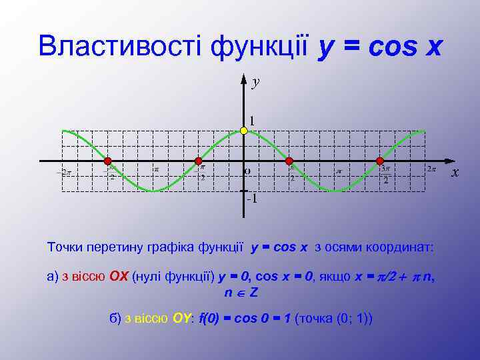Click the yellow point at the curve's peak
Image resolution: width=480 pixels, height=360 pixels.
244,131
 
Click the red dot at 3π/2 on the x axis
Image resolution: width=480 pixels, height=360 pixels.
380,161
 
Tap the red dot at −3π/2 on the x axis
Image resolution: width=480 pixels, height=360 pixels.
107,161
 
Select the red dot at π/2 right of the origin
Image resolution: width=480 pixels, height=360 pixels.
289,161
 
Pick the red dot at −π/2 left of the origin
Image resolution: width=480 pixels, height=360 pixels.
198,161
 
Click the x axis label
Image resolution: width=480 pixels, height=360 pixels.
455,173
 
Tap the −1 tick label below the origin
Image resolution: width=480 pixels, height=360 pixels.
252,199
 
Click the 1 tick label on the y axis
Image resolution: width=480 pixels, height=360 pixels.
252,121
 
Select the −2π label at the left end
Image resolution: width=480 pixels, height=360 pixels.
63,173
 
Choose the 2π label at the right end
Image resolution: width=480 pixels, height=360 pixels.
431,169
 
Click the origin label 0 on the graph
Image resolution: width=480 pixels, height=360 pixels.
247,171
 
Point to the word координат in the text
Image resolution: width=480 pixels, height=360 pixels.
400,247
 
